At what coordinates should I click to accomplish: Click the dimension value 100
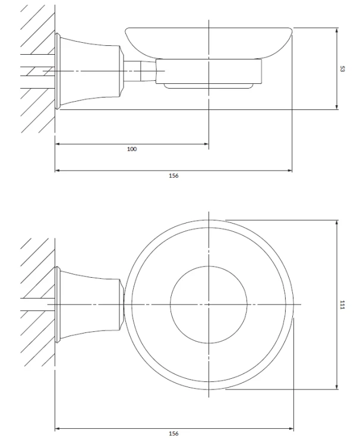coord(132,149)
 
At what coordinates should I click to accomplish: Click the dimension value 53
coord(342,69)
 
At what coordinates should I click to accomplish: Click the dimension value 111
coord(342,304)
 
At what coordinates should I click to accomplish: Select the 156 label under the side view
coord(173,176)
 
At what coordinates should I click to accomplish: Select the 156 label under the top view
coord(173,434)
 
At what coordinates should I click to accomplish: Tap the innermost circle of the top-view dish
coord(170,304)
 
